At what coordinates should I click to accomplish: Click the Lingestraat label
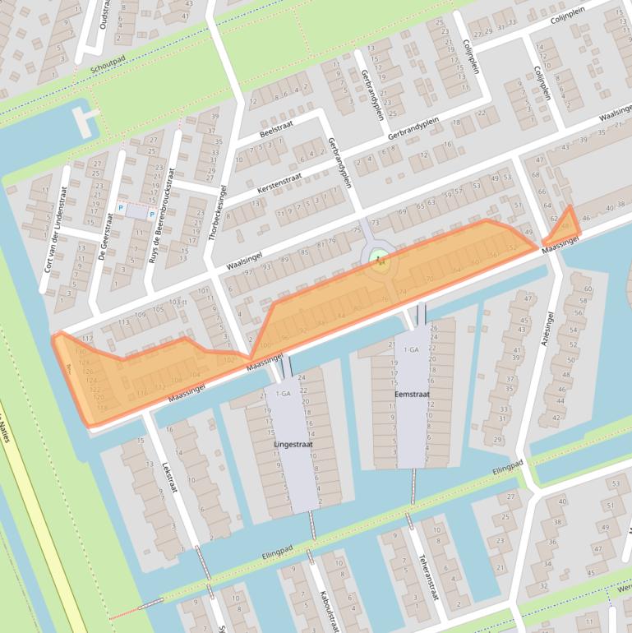pyautogui.click(x=293, y=444)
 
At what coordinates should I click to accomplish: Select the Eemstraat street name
pyautogui.click(x=413, y=395)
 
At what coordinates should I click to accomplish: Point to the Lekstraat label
pyautogui.click(x=170, y=474)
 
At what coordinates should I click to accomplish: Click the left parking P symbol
pyautogui.click(x=121, y=209)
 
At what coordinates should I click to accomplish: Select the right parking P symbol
pyautogui.click(x=151, y=214)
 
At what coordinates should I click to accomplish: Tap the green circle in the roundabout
pyautogui.click(x=379, y=260)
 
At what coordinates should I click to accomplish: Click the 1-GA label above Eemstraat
pyautogui.click(x=411, y=349)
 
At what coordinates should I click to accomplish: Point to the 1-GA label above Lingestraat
pyautogui.click(x=283, y=394)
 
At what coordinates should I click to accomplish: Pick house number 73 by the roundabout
pyautogui.click(x=376, y=223)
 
